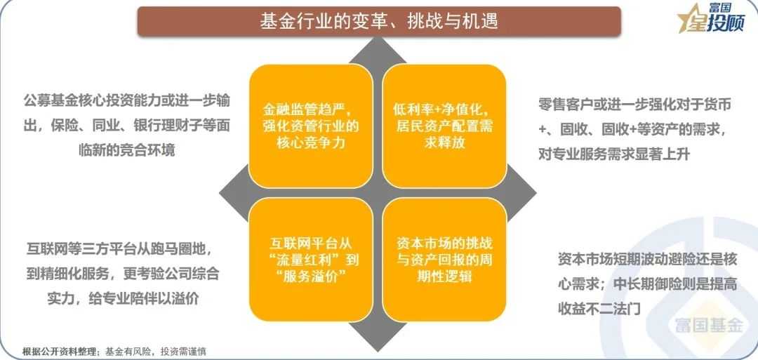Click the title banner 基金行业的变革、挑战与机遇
click(x=379, y=21)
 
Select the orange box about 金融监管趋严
click(x=310, y=126)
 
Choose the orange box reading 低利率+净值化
click(x=444, y=126)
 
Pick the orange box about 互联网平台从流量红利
click(x=310, y=260)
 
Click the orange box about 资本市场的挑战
click(x=444, y=260)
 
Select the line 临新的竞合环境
click(x=126, y=149)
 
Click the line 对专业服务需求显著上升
click(x=614, y=154)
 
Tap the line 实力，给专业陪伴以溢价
click(x=123, y=299)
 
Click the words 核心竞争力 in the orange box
click(x=310, y=143)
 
